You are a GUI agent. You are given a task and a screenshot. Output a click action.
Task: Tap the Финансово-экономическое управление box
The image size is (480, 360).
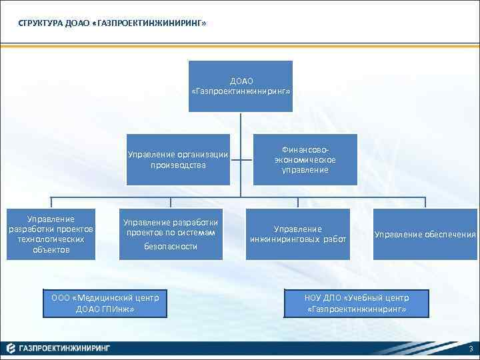pyautogui.click(x=305, y=160)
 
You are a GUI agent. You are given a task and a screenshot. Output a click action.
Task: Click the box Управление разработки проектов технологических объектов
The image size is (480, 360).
pyautogui.click(x=51, y=235)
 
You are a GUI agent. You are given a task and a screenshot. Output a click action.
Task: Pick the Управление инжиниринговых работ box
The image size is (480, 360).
pyautogui.click(x=298, y=235)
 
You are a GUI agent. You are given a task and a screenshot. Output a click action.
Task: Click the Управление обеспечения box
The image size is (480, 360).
pyautogui.click(x=425, y=235)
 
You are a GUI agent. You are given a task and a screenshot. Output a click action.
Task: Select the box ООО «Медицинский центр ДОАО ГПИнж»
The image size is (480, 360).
pyautogui.click(x=105, y=303)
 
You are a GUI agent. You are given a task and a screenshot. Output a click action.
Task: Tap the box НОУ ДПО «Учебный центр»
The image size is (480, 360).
pyautogui.click(x=357, y=303)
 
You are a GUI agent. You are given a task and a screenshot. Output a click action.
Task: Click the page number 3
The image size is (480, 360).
pyautogui.click(x=471, y=349)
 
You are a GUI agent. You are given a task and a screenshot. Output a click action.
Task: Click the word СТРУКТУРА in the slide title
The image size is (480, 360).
pyautogui.click(x=40, y=23)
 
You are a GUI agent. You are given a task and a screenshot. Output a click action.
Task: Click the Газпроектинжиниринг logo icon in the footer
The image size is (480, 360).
pyautogui.click(x=11, y=348)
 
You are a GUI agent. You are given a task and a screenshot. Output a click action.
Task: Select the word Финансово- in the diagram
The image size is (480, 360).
pyautogui.click(x=305, y=151)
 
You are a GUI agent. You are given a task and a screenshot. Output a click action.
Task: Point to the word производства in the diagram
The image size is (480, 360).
pyautogui.click(x=178, y=165)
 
